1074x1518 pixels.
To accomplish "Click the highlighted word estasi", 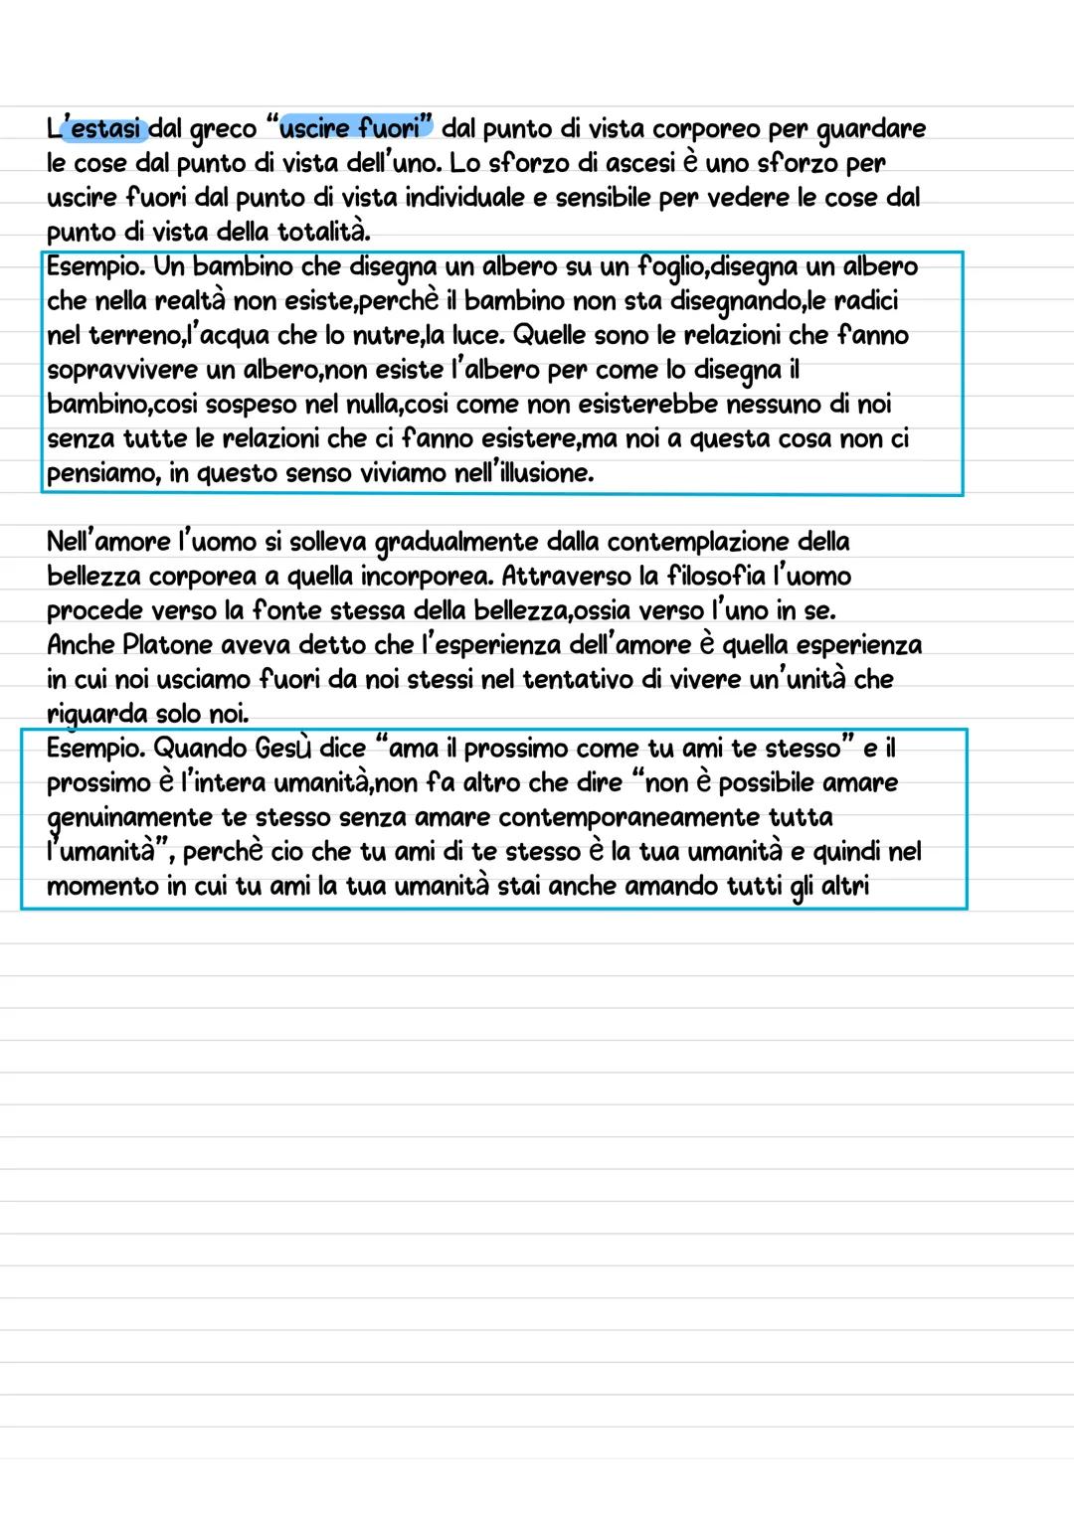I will (x=107, y=129).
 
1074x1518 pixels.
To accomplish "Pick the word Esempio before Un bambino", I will (x=94, y=267).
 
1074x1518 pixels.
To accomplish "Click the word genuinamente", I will (x=130, y=818).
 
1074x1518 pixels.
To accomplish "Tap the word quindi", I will (x=848, y=852).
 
